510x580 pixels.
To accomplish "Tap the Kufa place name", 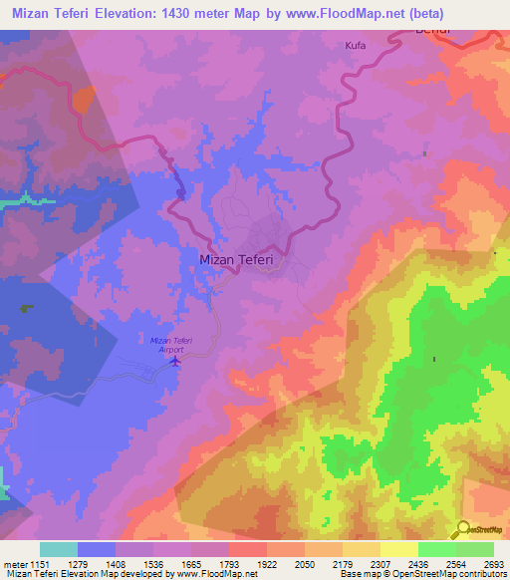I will (x=356, y=46).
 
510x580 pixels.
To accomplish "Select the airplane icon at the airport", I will (x=175, y=361).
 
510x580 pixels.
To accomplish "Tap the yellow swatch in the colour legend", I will (x=399, y=549).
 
